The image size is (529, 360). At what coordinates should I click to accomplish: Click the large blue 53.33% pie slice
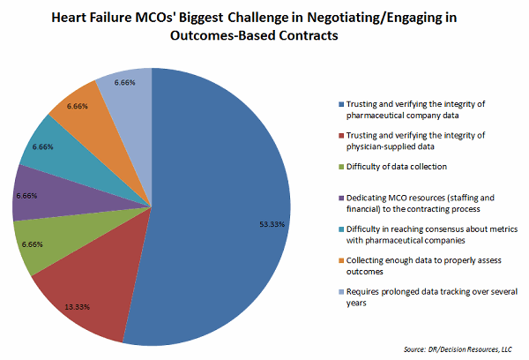pyautogui.click(x=220, y=203)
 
